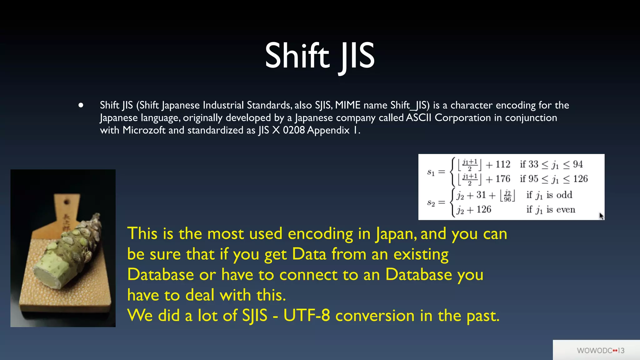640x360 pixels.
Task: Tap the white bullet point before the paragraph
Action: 81,105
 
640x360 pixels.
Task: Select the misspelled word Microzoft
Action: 144,130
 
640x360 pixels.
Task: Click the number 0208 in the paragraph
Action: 294,130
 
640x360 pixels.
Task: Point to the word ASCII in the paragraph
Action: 418,118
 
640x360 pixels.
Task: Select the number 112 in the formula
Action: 502,164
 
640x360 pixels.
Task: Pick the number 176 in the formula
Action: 502,179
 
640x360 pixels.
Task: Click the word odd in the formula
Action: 564,195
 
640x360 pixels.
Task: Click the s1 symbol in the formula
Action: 431,172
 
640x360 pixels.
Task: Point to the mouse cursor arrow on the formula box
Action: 601,216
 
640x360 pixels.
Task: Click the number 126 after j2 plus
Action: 484,209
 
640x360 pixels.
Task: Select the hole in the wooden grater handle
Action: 67,202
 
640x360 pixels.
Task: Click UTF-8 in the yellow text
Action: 307,316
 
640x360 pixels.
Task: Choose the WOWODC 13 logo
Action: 600,351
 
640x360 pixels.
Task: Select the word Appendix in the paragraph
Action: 328,130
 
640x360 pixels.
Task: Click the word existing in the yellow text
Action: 421,254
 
